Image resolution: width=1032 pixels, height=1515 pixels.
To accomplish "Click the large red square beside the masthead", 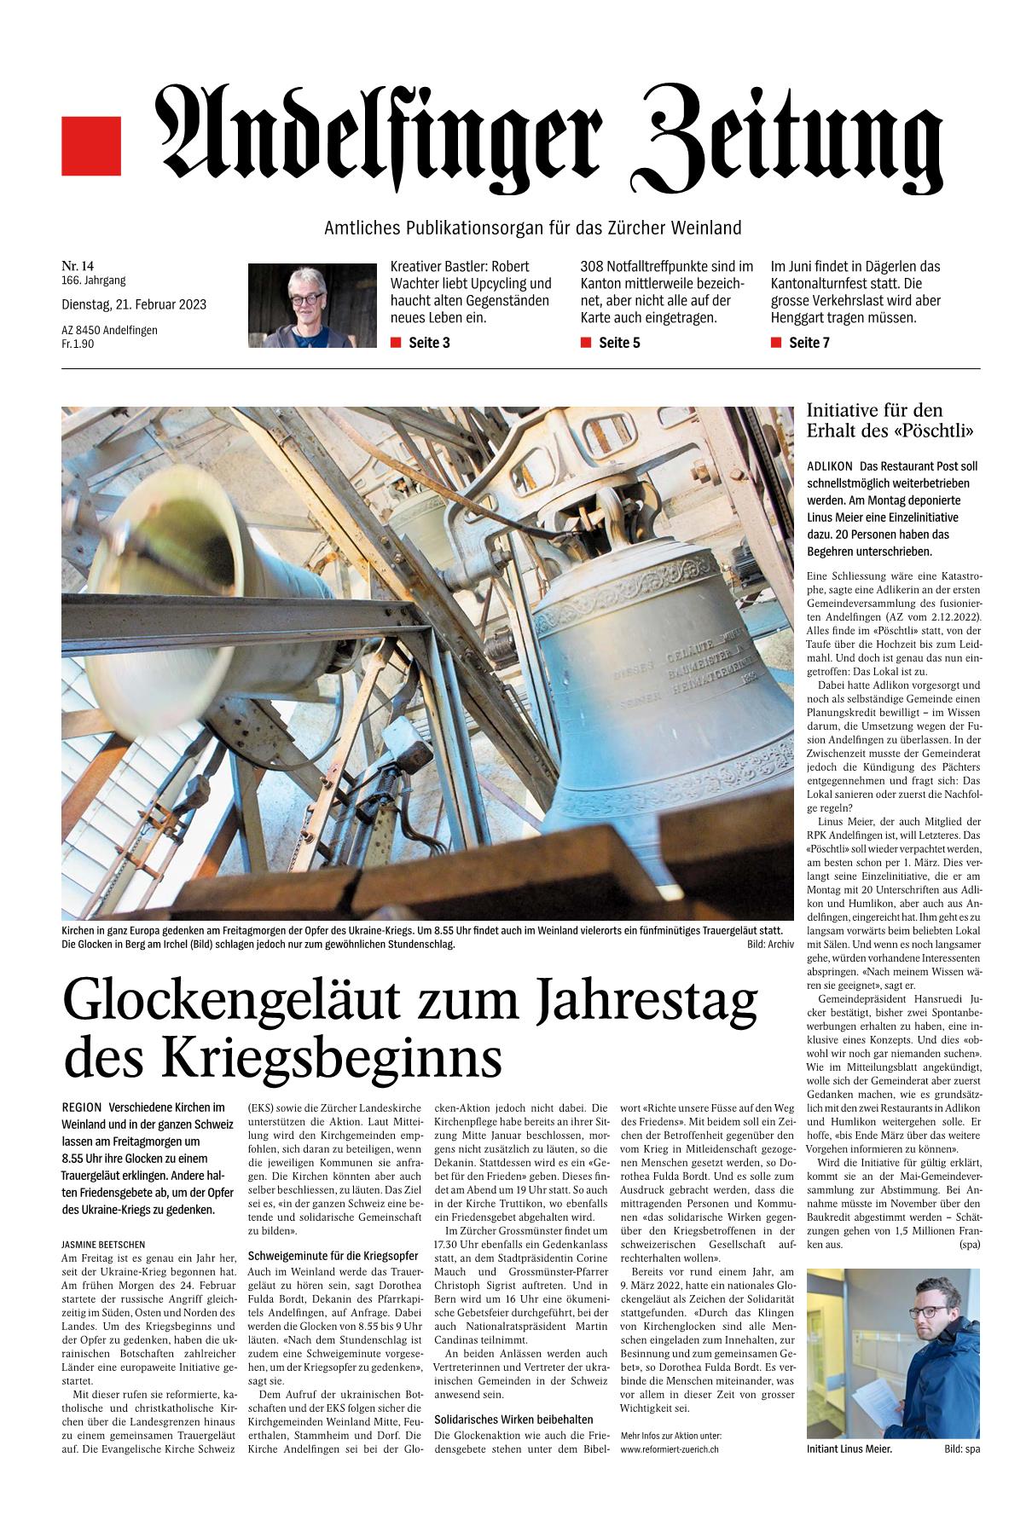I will [x=91, y=146].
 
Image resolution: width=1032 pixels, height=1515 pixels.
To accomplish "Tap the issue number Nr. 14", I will [x=78, y=266].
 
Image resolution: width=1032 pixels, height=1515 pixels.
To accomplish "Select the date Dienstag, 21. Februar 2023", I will [x=134, y=304].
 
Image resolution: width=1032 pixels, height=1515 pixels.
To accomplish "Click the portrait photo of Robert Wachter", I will [x=311, y=304].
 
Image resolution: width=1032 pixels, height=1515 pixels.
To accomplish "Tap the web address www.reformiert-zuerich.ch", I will [x=670, y=1449].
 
